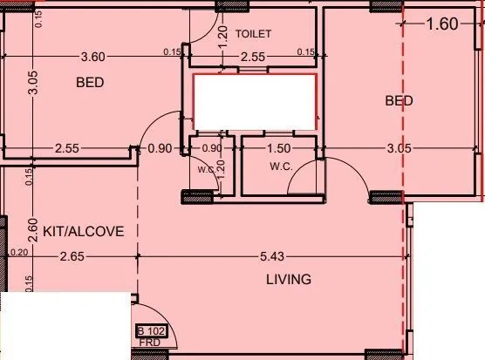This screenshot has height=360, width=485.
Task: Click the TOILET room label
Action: tap(254, 34)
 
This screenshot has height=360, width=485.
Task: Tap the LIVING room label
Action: tap(289, 279)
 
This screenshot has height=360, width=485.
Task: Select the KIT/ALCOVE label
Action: tap(84, 231)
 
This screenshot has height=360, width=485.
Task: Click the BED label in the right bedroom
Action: tap(399, 101)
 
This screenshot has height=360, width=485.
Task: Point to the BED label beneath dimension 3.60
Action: tap(91, 83)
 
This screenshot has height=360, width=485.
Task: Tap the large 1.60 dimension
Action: tap(441, 24)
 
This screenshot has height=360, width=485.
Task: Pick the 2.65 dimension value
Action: tap(72, 256)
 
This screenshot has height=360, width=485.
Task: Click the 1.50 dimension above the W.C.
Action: tap(279, 148)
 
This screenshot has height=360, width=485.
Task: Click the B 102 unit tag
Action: tap(151, 331)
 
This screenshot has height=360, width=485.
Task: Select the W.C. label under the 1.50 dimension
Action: tap(280, 166)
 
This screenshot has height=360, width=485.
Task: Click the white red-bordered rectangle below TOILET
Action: tap(254, 104)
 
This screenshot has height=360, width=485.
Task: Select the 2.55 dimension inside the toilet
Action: tap(253, 57)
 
